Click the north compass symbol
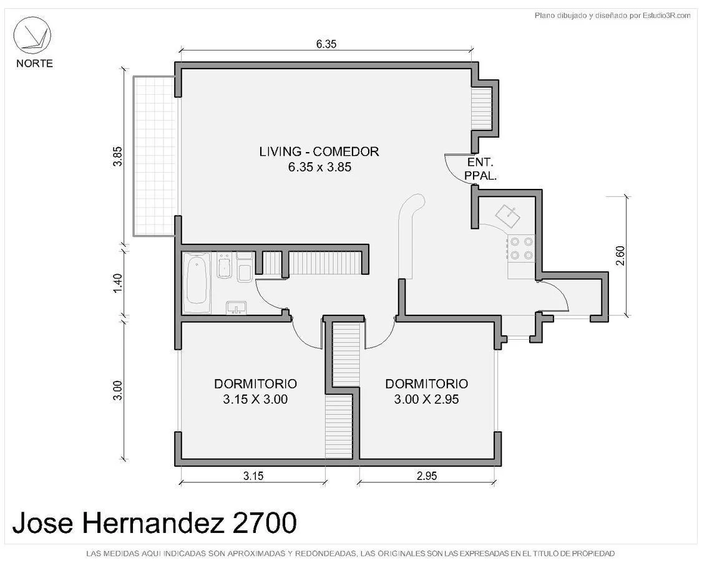click(32, 36)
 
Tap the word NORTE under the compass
click(34, 64)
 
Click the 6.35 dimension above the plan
click(326, 44)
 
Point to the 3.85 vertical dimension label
click(118, 156)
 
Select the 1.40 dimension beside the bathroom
click(118, 283)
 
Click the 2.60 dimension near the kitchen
click(620, 256)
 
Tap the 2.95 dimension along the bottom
click(427, 476)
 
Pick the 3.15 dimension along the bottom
click(253, 476)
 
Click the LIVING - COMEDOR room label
click(319, 151)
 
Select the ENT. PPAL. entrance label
click(480, 169)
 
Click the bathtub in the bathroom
click(197, 282)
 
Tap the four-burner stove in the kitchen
click(521, 248)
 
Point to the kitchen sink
click(507, 216)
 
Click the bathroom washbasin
click(236, 307)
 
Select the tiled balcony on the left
click(155, 156)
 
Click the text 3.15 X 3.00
click(255, 399)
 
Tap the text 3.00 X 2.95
click(426, 399)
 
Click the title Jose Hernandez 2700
click(155, 522)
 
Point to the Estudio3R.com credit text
click(613, 16)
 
